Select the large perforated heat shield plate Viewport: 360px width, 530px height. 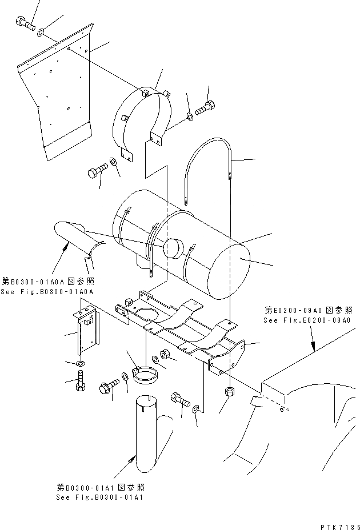(57, 91)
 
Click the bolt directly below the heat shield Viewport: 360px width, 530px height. (97, 170)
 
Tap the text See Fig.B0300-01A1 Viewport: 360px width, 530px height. (99, 497)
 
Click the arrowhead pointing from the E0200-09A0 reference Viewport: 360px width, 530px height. (313, 347)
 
